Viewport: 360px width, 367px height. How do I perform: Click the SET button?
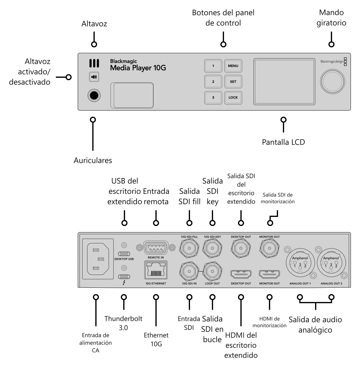point(233,81)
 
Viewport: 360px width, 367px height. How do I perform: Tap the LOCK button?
point(233,98)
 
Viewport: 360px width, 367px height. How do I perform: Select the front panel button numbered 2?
point(213,81)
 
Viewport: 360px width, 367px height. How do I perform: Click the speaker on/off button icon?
point(94,77)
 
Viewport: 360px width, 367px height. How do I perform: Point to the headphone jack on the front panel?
point(94,95)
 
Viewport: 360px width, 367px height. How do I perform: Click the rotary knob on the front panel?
point(332,81)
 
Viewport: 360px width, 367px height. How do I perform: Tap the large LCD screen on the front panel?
point(284,82)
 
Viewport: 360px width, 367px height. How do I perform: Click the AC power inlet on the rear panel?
point(98,259)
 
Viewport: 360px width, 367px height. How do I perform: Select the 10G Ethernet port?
point(156,270)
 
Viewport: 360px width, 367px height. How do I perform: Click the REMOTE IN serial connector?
point(156,247)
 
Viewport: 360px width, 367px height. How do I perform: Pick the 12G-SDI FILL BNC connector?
point(189,248)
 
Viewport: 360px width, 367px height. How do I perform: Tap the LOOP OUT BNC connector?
point(212,271)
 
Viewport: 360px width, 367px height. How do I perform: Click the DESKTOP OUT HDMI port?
point(241,274)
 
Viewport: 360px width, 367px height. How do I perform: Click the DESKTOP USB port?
point(124,254)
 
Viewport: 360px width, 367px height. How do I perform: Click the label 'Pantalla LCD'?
point(283,142)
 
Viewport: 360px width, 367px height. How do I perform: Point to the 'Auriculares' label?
point(93,160)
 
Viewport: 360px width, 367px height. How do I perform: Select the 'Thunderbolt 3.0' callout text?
point(123,323)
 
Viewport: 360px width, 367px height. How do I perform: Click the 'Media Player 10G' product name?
point(138,68)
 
